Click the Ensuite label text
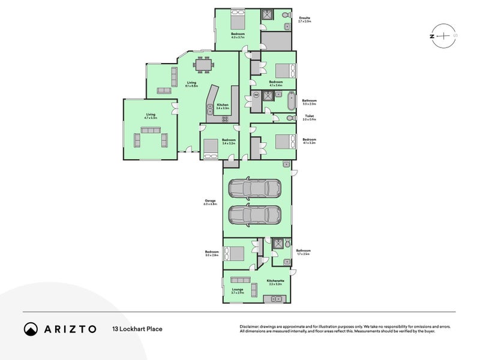click(x=305, y=19)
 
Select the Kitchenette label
click(x=275, y=281)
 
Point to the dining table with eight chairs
click(x=203, y=64)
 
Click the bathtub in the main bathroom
click(x=291, y=101)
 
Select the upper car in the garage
click(x=254, y=188)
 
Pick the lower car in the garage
click(x=254, y=214)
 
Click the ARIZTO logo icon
click(x=31, y=329)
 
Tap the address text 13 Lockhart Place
click(x=137, y=329)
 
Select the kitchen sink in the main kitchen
click(x=209, y=109)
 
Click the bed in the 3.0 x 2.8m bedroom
click(x=235, y=253)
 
